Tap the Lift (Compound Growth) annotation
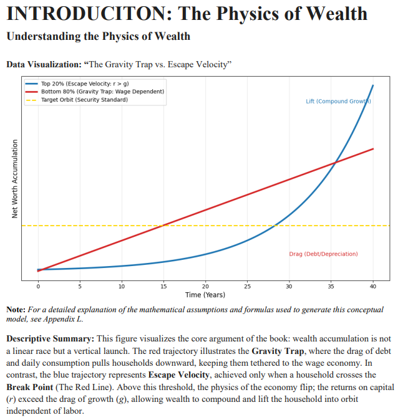(339, 101)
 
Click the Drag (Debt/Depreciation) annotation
(323, 254)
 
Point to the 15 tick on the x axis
(163, 286)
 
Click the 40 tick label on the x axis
(373, 286)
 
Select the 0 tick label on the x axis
(37, 286)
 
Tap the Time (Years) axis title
(205, 294)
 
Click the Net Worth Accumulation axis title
(14, 178)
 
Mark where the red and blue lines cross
(336, 163)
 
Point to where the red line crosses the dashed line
(162, 226)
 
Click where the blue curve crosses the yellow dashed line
(275, 226)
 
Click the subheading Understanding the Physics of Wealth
(98, 36)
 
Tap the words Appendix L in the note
(64, 319)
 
